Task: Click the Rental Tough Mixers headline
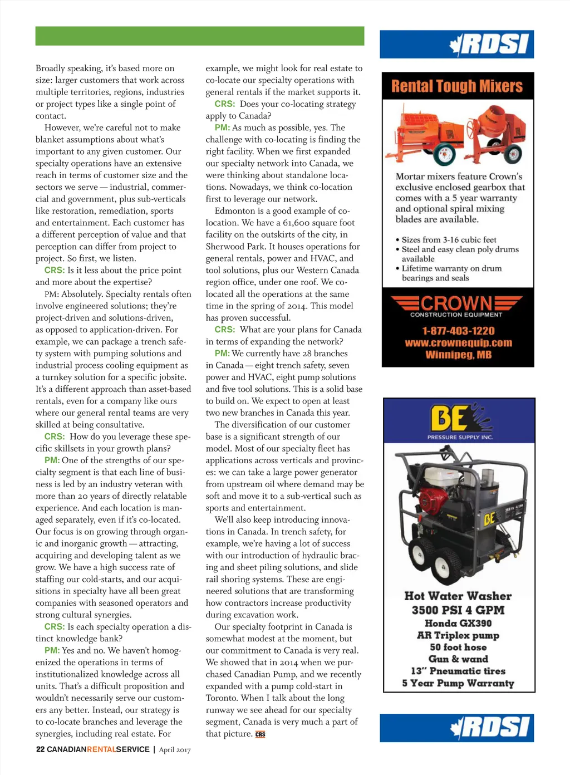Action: tap(456, 86)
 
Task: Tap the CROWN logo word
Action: tap(456, 303)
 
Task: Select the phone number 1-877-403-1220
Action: tap(458, 331)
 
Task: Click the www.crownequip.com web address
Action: tap(458, 343)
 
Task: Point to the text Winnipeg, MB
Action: tap(458, 355)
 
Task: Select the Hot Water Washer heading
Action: tap(458, 596)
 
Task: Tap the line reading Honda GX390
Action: tap(458, 623)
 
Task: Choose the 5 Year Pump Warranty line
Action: tap(458, 683)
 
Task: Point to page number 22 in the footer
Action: tap(40, 749)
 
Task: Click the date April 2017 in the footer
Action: tap(175, 750)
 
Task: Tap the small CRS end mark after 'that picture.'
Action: tap(260, 734)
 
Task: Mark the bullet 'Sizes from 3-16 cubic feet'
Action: tap(449, 240)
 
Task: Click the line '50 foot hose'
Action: tap(458, 647)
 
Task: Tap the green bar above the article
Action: tap(200, 36)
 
